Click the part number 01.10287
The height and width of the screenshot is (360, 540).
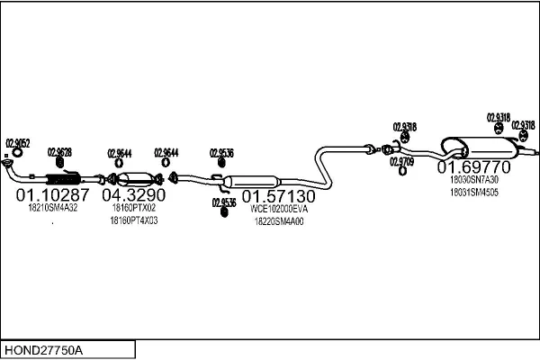pyautogui.click(x=53, y=194)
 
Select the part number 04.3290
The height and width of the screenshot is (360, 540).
pyautogui.click(x=133, y=194)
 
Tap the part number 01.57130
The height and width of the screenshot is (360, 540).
pyautogui.click(x=278, y=195)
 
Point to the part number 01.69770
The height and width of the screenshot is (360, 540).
pyautogui.click(x=473, y=167)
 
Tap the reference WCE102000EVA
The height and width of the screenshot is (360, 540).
pyautogui.click(x=279, y=209)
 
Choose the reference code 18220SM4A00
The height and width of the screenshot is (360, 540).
pyautogui.click(x=279, y=221)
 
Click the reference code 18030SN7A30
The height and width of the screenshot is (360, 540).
pyautogui.click(x=473, y=179)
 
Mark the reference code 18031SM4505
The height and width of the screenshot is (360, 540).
pyautogui.click(x=473, y=192)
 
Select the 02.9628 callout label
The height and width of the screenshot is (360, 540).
pyautogui.click(x=60, y=151)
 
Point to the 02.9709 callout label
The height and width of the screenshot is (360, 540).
pyautogui.click(x=401, y=161)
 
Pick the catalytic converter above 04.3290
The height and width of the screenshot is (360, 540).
pyautogui.click(x=135, y=177)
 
